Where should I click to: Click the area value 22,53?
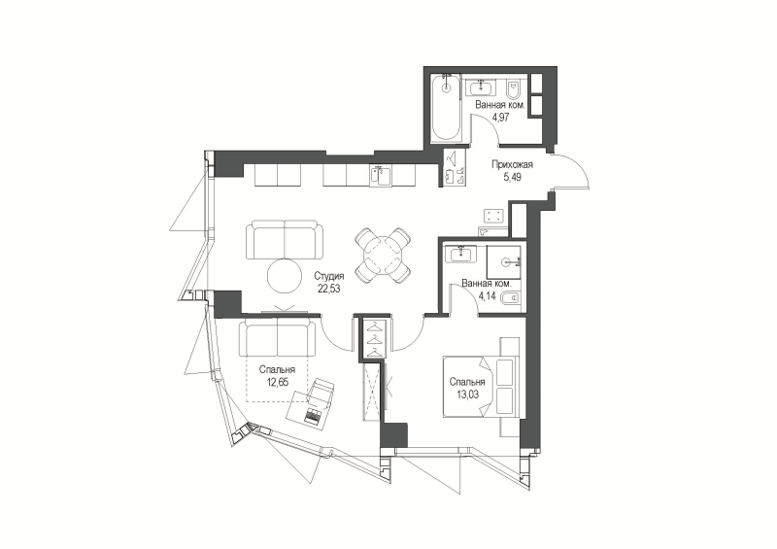pos(329,289)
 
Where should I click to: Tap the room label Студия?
pos(329,277)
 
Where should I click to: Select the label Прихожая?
pos(513,165)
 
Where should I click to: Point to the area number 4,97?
pos(500,118)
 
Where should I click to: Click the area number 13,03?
pos(467,395)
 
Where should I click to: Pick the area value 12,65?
pos(278,381)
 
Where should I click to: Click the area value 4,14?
pos(488,296)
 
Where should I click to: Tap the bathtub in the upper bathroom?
pos(447,107)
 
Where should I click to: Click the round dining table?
pos(383,256)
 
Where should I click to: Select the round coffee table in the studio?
pos(284,277)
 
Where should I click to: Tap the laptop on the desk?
pos(312,416)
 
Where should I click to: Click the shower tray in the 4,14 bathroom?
pos(503,261)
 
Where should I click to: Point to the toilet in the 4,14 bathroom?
pos(511,298)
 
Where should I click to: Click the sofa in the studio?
pos(285,240)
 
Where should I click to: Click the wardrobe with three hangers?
pos(375,338)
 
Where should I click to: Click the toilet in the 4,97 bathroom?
pos(512,89)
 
